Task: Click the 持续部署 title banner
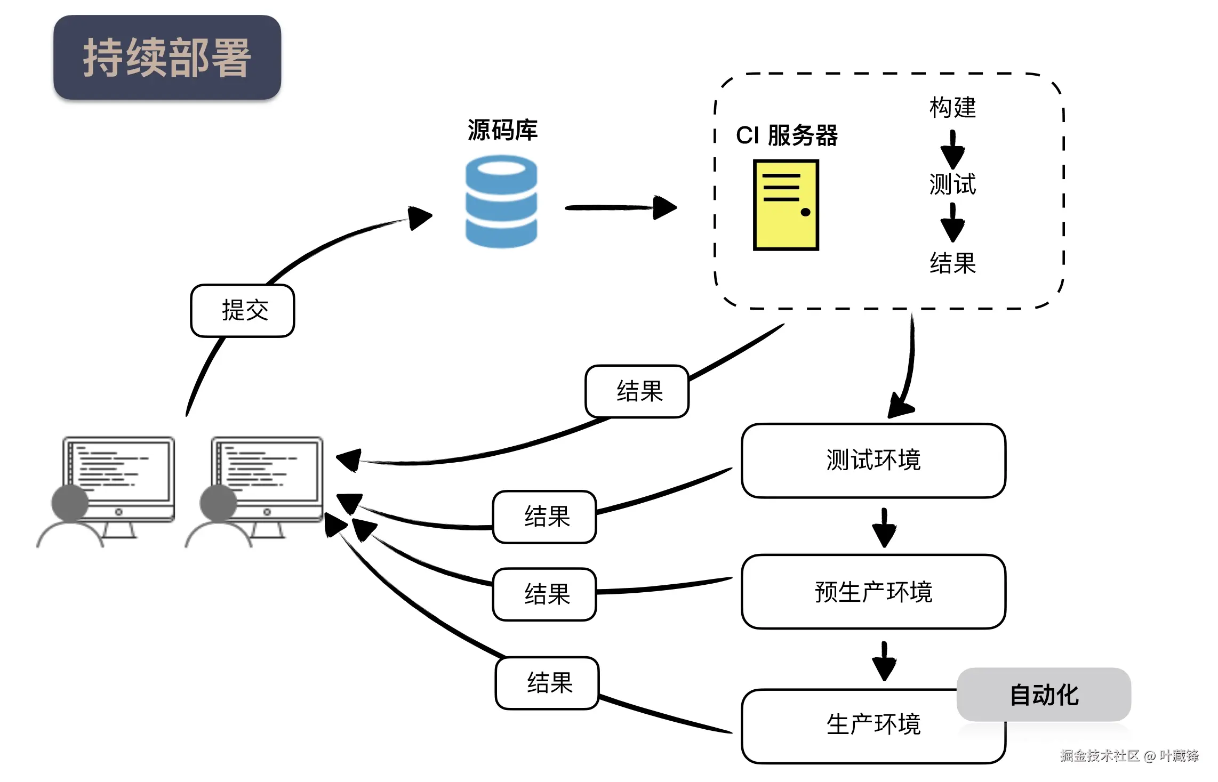coord(167,57)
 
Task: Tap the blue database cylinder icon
coord(501,201)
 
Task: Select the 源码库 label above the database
coord(502,130)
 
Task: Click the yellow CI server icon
coord(786,205)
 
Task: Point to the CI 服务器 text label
coord(787,135)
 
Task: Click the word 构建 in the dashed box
coord(952,108)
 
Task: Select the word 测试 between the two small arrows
coord(952,184)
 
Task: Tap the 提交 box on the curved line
coord(243,310)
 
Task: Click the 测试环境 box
coord(874,461)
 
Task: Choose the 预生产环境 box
coord(874,592)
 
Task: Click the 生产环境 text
coord(874,724)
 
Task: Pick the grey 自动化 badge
coord(1044,695)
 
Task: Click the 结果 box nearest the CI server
coord(637,391)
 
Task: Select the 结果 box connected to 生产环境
coord(547,683)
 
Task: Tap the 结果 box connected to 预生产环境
coord(544,594)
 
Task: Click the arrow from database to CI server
coord(621,207)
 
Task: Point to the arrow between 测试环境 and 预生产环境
coord(884,527)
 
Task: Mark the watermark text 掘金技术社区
coord(1100,755)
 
